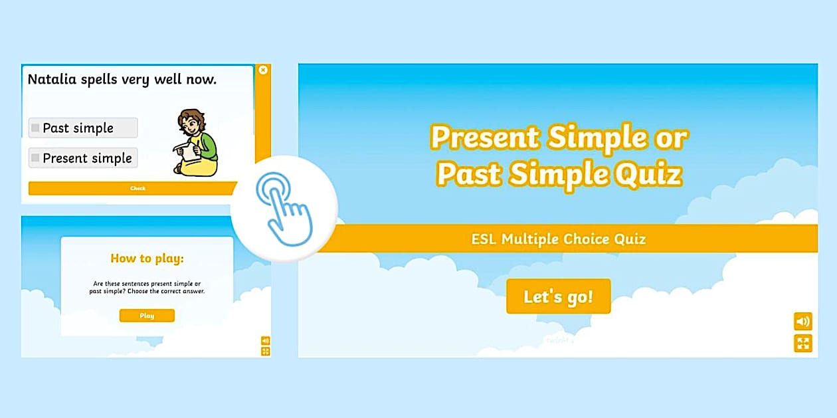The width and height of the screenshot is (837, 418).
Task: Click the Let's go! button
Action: (558, 296)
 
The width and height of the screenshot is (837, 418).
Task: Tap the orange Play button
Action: (147, 316)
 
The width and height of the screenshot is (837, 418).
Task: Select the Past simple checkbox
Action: (35, 128)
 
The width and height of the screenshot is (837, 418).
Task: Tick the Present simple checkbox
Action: (35, 157)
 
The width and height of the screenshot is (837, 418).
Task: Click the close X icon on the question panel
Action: (263, 70)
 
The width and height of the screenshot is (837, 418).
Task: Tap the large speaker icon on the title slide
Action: (803, 321)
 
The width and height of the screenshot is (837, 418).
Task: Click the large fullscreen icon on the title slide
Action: (803, 343)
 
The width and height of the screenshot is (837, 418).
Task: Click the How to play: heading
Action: (147, 259)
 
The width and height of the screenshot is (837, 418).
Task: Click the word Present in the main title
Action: (485, 137)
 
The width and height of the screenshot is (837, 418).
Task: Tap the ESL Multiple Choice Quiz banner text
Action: (558, 239)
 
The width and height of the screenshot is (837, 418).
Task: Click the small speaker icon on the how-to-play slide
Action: (265, 341)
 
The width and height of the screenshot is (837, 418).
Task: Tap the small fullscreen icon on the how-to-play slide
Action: (265, 352)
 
